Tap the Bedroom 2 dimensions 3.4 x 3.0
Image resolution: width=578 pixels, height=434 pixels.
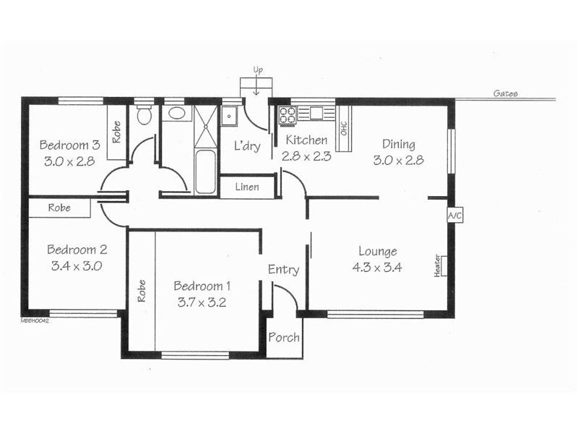(x=77, y=265)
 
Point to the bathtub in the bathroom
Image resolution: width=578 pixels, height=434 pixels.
(x=206, y=172)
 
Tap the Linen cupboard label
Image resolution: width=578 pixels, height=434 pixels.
(x=248, y=187)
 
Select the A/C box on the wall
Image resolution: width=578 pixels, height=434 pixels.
(x=454, y=216)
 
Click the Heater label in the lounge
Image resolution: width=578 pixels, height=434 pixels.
(x=438, y=265)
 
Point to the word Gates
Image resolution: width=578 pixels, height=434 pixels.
(x=505, y=94)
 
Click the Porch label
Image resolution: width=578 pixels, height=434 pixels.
(x=284, y=338)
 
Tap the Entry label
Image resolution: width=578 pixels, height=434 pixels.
(x=283, y=270)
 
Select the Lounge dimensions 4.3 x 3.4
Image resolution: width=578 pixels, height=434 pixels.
(x=377, y=267)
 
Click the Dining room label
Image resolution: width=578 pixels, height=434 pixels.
(x=399, y=144)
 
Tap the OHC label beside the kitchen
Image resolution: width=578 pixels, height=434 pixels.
(x=344, y=128)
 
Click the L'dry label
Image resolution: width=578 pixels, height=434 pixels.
(x=246, y=146)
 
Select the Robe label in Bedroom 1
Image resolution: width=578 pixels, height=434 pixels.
(x=142, y=291)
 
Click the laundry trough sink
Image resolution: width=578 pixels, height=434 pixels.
(x=230, y=115)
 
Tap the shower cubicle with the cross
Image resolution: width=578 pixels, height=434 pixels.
(x=204, y=127)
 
